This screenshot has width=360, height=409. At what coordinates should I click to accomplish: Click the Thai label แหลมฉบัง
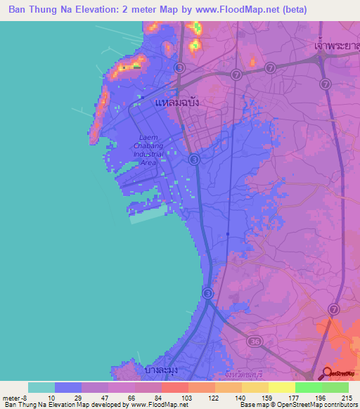tap(176, 102)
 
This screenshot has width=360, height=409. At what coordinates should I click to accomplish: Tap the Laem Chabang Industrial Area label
tap(148, 150)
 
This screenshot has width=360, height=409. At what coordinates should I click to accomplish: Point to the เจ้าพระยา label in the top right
tap(335, 44)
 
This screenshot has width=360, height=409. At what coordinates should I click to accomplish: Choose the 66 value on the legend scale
tap(121, 397)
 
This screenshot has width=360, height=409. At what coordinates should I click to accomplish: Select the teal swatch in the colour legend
tap(41, 387)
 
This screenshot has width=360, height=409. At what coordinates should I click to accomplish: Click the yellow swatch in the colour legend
tap(282, 387)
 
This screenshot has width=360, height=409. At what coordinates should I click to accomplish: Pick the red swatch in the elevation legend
tap(175, 387)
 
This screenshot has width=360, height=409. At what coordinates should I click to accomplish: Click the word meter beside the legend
tap(11, 397)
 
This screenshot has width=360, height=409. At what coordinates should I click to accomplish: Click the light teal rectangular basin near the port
tap(148, 216)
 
